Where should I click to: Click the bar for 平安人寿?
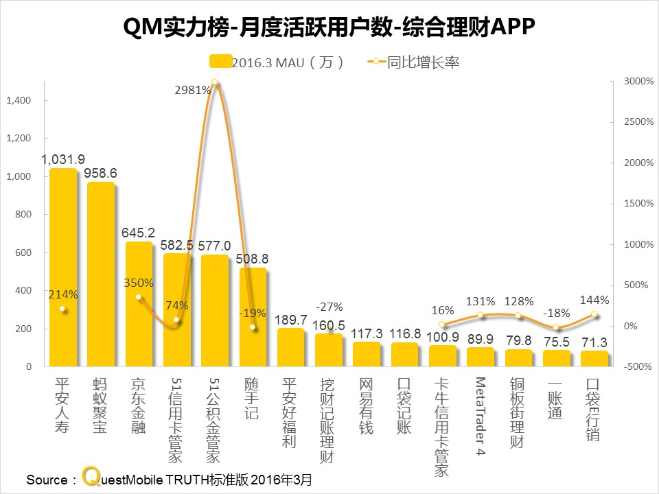tap(63, 268)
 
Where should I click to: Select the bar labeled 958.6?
tap(101, 274)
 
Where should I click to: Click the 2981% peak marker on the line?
tap(215, 83)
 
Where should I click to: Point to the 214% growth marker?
tap(63, 309)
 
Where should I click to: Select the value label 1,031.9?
tap(63, 159)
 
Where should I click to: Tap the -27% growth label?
tap(329, 306)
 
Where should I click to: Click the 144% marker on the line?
tap(594, 315)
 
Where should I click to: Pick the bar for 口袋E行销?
tap(594, 359)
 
